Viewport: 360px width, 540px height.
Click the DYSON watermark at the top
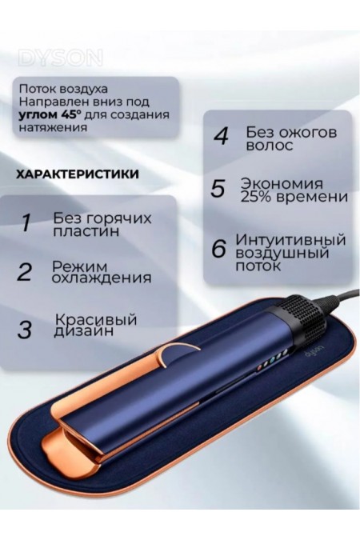pos(59,58)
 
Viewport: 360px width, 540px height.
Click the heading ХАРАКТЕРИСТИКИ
pos(76,174)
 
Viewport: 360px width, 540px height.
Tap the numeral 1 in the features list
pos(26,222)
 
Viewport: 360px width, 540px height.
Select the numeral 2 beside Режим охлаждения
pos(25,272)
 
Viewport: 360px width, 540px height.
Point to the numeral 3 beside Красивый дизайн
pos(26,328)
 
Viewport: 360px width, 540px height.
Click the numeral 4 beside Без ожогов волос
pos(220,135)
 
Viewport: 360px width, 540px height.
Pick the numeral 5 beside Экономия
pos(218,189)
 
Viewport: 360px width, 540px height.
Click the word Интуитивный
pos(290,239)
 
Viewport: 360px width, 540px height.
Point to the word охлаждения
pos(102,278)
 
